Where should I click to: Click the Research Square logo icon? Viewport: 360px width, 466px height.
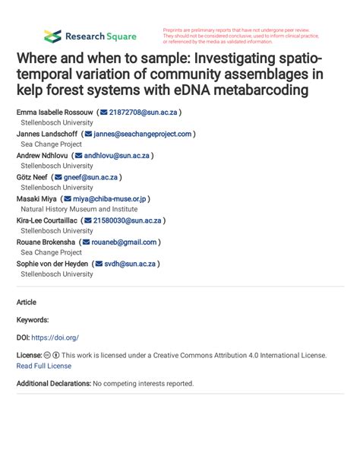[52, 36]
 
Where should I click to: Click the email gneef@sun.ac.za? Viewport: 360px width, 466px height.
[90, 177]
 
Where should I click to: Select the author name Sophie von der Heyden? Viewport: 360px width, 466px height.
[50, 264]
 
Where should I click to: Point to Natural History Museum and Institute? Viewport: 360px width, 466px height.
[79, 209]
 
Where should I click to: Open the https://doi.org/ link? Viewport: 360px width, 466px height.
[55, 337]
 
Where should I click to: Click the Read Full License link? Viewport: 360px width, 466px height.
[44, 366]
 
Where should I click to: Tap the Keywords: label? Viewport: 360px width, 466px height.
[33, 320]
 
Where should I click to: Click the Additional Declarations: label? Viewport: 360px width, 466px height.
[53, 383]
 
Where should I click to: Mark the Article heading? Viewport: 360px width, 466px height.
[27, 302]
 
